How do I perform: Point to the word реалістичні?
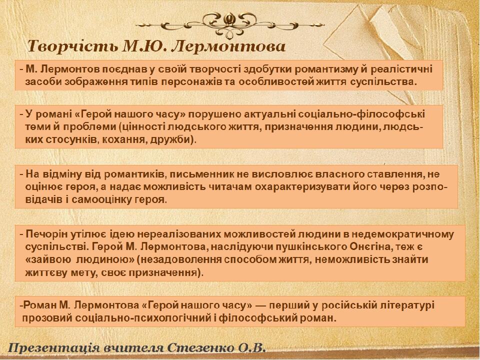click(x=401, y=69)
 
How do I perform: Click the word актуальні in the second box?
click(x=269, y=114)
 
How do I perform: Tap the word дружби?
click(x=171, y=139)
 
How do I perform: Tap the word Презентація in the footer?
click(x=54, y=348)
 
